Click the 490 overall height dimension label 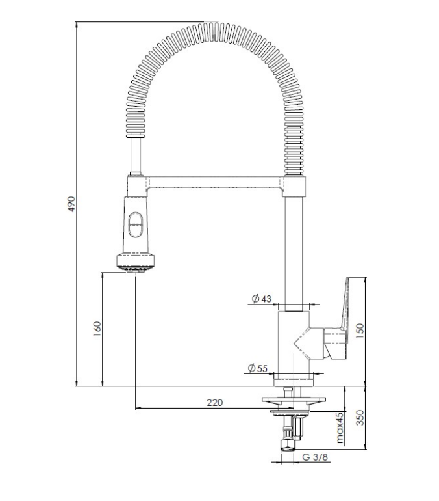72,204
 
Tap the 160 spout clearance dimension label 97,329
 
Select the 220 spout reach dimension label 214,403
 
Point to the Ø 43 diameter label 261,299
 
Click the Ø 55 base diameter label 258,368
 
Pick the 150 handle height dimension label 359,331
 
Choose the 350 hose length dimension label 360,418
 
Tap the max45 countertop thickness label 340,427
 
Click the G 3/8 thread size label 315,457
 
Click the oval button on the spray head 136,224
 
